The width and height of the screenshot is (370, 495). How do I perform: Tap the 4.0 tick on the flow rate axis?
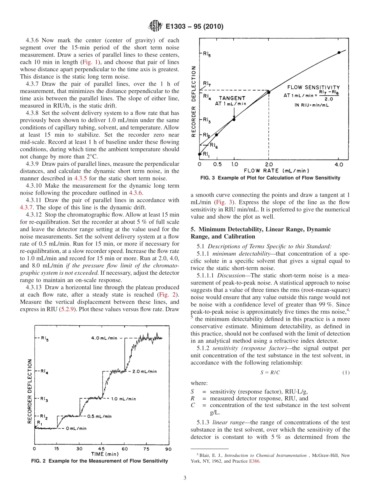point(339,165)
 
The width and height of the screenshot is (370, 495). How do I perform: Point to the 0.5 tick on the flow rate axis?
point(217,165)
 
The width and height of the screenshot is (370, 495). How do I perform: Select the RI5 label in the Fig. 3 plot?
point(207,55)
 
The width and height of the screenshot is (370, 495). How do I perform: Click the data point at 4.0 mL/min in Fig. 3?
point(339,52)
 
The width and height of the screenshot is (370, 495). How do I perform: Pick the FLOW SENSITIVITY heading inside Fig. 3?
point(314,88)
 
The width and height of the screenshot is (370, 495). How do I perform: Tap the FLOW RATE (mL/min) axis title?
point(276,171)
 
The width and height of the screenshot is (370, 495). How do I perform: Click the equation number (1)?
point(346,372)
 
